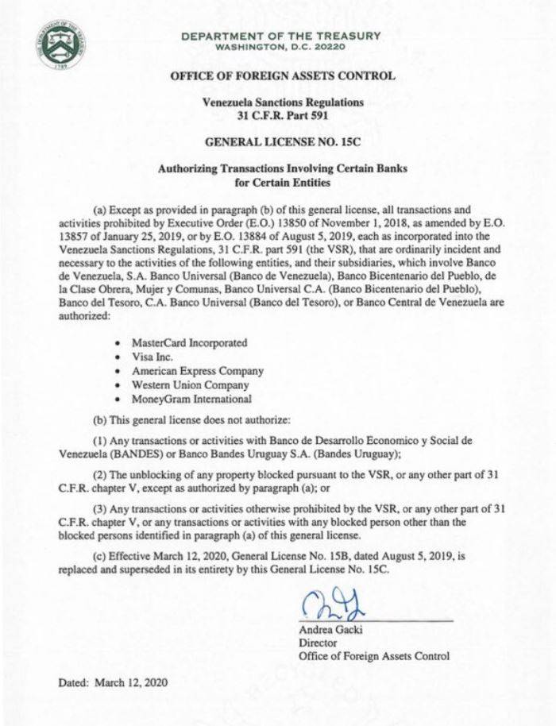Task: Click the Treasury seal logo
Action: (x=60, y=43)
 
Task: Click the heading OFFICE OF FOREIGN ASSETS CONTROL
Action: (x=283, y=76)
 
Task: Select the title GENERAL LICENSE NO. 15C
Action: (x=283, y=147)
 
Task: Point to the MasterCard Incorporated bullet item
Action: (x=189, y=342)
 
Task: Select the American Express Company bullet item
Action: (x=197, y=371)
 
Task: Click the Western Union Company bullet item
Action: (x=190, y=385)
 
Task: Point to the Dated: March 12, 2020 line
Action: (x=112, y=682)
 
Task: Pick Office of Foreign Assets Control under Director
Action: (x=373, y=656)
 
